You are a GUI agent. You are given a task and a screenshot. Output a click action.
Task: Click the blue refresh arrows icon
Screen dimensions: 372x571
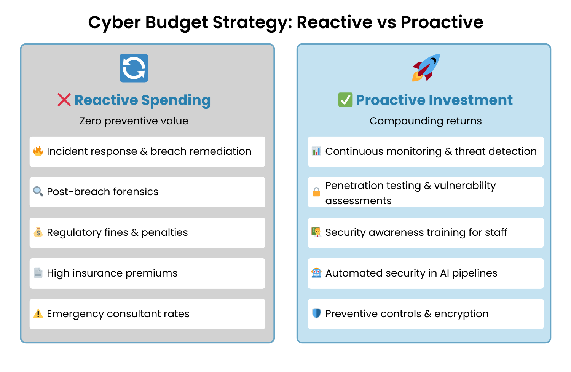(x=134, y=68)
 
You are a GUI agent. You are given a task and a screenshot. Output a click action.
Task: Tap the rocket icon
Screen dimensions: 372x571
(x=426, y=68)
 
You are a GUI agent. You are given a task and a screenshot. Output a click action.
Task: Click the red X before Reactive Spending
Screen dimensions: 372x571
(x=64, y=100)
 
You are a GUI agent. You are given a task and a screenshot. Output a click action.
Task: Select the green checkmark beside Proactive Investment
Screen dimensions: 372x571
(x=345, y=100)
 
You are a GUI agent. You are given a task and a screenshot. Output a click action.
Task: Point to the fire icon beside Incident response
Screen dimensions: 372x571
(x=38, y=151)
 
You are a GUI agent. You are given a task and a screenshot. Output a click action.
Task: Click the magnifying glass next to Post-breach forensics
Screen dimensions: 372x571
(x=38, y=191)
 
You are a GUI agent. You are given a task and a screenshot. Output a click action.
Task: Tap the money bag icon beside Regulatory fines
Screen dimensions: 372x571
(x=38, y=232)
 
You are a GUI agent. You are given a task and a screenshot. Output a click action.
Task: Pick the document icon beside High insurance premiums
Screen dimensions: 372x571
(x=38, y=273)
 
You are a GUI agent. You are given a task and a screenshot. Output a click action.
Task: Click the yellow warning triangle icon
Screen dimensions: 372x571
(x=38, y=314)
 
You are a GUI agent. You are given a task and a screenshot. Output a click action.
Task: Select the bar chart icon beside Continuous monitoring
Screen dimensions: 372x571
(x=316, y=151)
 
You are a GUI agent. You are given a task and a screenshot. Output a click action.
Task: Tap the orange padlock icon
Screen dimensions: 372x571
(x=316, y=192)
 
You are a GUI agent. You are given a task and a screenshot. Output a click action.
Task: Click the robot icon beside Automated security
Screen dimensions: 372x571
(x=316, y=273)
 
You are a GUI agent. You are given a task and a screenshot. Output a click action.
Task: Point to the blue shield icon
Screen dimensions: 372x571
(x=316, y=313)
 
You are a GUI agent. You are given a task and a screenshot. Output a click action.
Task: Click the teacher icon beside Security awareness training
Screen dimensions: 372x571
(x=316, y=232)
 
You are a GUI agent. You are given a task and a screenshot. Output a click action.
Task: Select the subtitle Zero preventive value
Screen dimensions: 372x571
(x=134, y=121)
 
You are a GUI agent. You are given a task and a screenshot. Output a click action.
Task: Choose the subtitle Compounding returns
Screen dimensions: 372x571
(x=426, y=121)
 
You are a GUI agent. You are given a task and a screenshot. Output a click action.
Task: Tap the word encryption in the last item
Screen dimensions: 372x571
(x=461, y=314)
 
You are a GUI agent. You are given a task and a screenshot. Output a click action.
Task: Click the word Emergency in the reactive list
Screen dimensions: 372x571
(x=75, y=314)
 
